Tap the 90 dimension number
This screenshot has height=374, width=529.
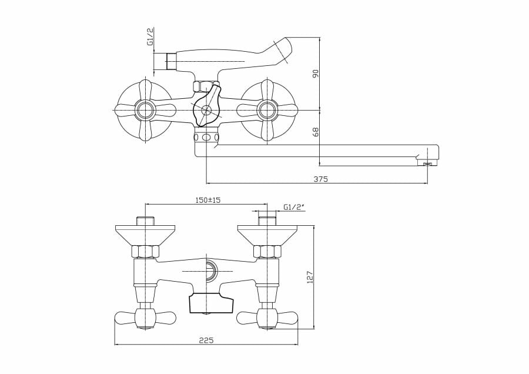click(x=315, y=74)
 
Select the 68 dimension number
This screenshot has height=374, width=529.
click(x=315, y=132)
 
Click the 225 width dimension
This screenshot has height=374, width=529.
click(x=206, y=340)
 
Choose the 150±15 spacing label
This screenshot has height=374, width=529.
click(x=207, y=200)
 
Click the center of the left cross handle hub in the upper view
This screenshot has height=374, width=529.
click(x=145, y=110)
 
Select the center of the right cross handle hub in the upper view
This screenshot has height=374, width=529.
click(x=268, y=110)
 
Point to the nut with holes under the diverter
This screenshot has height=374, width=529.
click(x=206, y=137)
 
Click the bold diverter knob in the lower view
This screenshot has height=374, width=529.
click(x=211, y=304)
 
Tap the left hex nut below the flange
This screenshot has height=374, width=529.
click(x=145, y=252)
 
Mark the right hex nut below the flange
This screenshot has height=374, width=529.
click(x=267, y=252)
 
